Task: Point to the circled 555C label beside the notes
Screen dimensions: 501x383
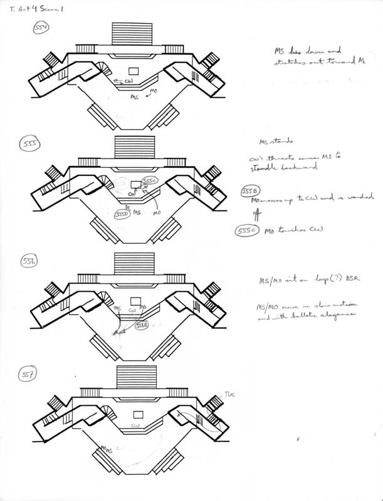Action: [x=246, y=231]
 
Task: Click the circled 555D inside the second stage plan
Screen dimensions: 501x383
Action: [x=123, y=215]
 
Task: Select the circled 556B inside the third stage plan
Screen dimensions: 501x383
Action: [x=142, y=326]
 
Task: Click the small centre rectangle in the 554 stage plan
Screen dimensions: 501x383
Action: [x=133, y=70]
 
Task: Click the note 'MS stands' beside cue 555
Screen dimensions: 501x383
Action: [x=277, y=142]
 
